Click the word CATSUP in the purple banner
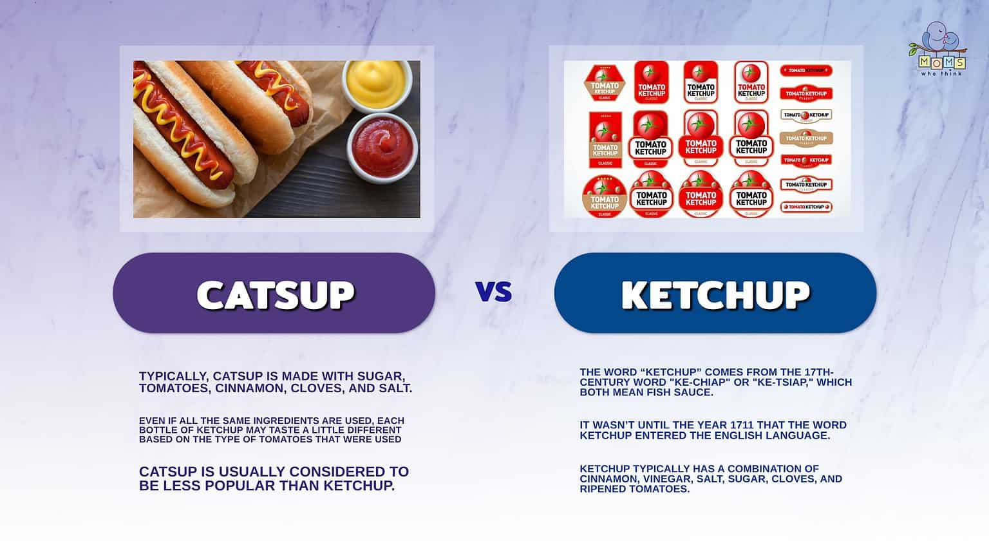276,294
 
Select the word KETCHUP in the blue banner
715,294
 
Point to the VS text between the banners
494,292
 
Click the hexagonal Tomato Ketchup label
605,83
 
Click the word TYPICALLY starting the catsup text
173,376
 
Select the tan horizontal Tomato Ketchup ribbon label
806,138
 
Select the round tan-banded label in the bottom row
605,196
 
